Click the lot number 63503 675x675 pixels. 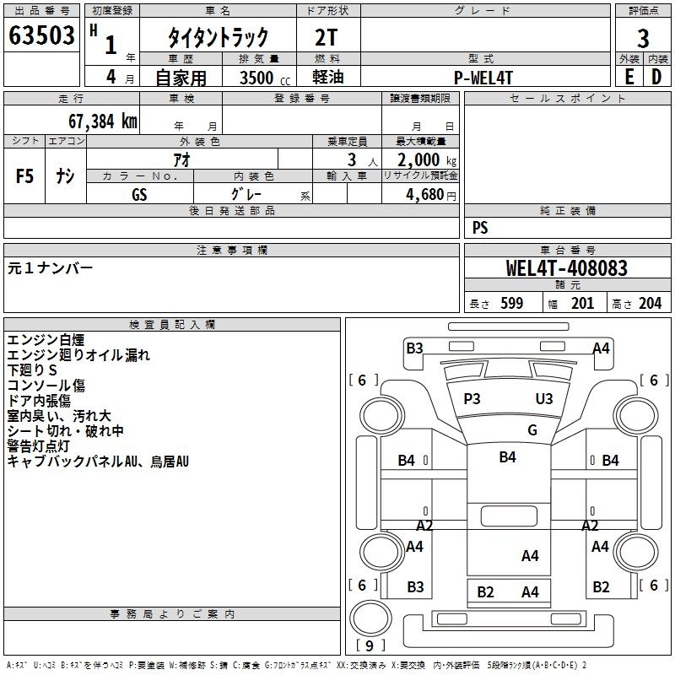pyautogui.click(x=41, y=37)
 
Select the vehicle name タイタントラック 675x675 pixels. pyautogui.click(x=218, y=37)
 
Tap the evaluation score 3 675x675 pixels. pyautogui.click(x=643, y=38)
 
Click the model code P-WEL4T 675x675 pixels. pyautogui.click(x=483, y=77)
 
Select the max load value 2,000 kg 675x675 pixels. pyautogui.click(x=421, y=159)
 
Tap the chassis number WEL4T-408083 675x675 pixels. pyautogui.click(x=566, y=268)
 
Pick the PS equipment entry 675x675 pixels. pyautogui.click(x=480, y=228)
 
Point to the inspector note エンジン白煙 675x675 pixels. pyautogui.click(x=46, y=340)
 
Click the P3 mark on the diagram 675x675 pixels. pyautogui.click(x=472, y=398)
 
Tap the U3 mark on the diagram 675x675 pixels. pyautogui.click(x=544, y=398)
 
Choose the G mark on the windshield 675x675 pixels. pyautogui.click(x=532, y=429)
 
